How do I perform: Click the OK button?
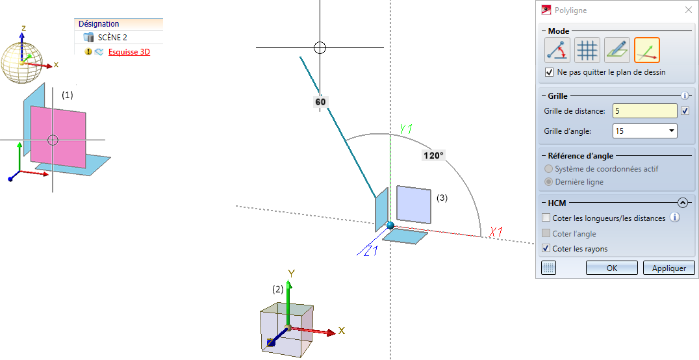coord(611,268)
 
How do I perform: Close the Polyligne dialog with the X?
coord(688,10)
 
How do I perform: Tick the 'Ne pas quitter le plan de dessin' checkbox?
coord(550,72)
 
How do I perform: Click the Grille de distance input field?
coord(644,111)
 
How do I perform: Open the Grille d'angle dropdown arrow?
coord(670,131)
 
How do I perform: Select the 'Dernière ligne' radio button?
coord(550,182)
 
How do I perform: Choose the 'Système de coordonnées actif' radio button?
coord(550,169)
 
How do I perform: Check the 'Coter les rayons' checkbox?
coord(547,248)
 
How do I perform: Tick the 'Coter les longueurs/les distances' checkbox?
coord(547,218)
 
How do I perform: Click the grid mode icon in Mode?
coord(587,50)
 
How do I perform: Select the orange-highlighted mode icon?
coord(646,50)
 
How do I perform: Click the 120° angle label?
coord(433,156)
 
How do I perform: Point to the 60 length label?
coord(320,102)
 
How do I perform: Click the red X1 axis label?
coord(497,232)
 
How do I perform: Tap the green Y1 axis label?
coord(406,129)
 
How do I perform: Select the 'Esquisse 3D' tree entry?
coord(129,52)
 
